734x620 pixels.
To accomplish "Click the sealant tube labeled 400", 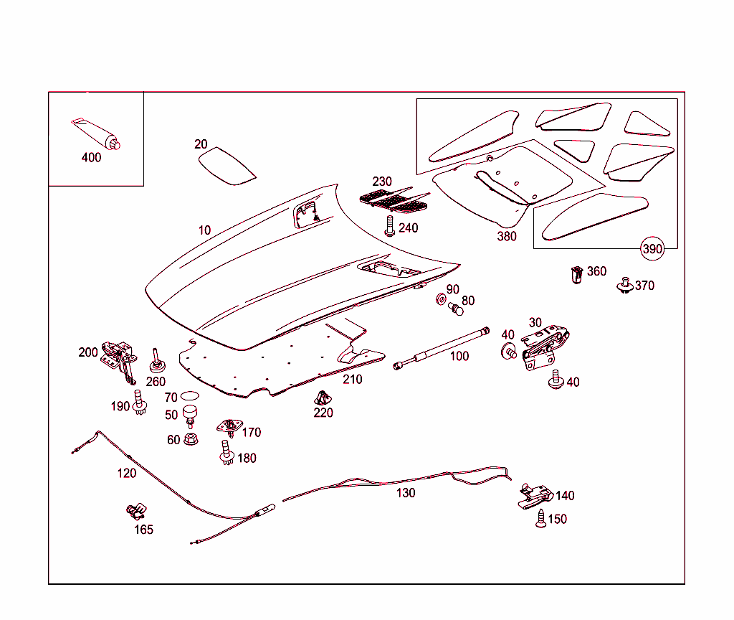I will click(95, 133).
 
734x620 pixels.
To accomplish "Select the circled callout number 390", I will click(652, 249).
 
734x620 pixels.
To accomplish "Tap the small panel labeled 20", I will click(226, 166).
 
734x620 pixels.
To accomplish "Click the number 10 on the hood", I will click(205, 230).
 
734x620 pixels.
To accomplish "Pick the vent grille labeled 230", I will click(393, 200).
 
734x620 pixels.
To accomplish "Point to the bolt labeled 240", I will click(389, 225).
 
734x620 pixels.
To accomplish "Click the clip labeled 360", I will click(576, 273).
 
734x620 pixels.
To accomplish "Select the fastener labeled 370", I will click(625, 286).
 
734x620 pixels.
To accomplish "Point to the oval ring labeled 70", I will click(189, 395).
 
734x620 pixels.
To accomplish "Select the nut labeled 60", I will click(191, 438).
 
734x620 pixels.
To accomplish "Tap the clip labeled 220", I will click(323, 398).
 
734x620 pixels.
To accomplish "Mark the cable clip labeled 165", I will click(135, 512).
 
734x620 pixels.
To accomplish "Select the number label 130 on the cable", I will click(406, 493).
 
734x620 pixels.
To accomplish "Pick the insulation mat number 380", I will click(506, 236).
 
